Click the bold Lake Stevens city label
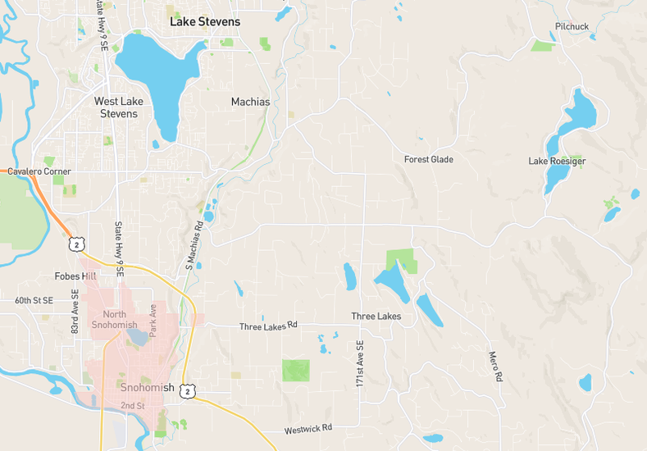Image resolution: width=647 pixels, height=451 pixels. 205,21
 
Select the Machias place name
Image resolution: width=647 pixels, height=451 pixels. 250,102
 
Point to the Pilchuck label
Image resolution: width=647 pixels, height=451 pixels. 572,27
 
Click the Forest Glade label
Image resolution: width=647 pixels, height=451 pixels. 428,159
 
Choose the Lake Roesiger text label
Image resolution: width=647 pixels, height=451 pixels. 557,162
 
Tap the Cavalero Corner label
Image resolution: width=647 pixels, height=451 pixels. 39,171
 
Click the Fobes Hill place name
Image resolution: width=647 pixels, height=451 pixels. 75,276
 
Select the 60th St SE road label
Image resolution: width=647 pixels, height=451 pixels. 34,301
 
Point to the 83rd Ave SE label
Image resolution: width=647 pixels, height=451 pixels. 75,311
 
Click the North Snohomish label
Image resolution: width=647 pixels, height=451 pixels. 121,321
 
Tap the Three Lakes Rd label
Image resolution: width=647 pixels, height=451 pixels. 268,326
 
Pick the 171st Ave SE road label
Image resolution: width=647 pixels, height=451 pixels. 359,365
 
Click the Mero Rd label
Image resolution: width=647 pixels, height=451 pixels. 494,367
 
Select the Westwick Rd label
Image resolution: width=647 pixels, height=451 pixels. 308,429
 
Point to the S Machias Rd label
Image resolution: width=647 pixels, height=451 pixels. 194,245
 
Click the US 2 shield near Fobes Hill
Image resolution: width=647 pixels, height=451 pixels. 75,244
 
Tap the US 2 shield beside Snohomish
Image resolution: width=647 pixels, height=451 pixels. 189,392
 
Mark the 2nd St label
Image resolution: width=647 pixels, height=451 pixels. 132,406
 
